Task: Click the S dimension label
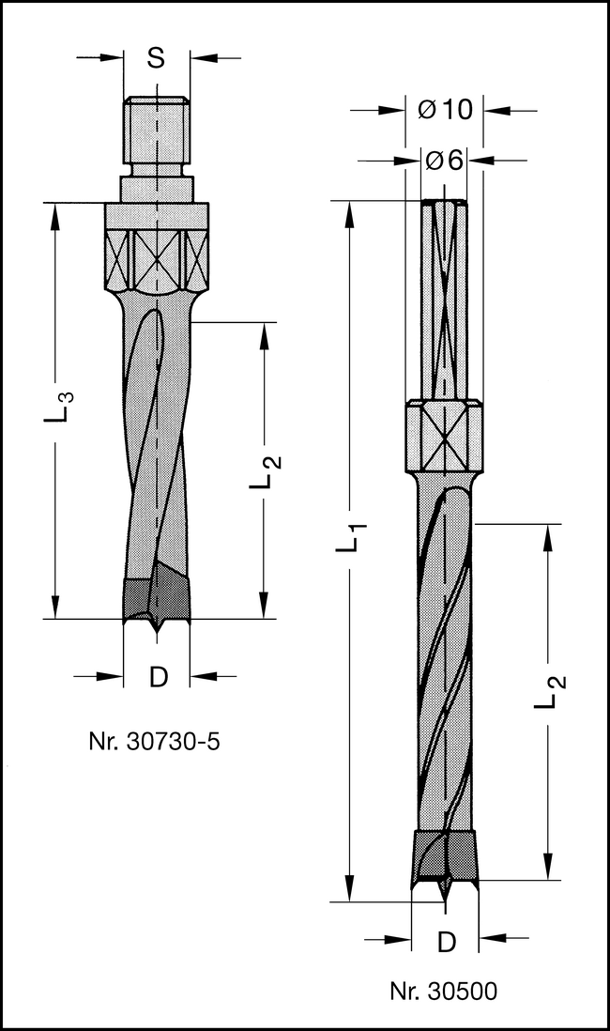[x=157, y=58]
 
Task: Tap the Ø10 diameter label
[x=445, y=110]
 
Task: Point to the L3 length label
[x=57, y=408]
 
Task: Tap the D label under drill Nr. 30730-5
[x=158, y=677]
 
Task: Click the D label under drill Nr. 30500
[x=447, y=940]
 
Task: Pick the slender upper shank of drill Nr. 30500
[x=444, y=300]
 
